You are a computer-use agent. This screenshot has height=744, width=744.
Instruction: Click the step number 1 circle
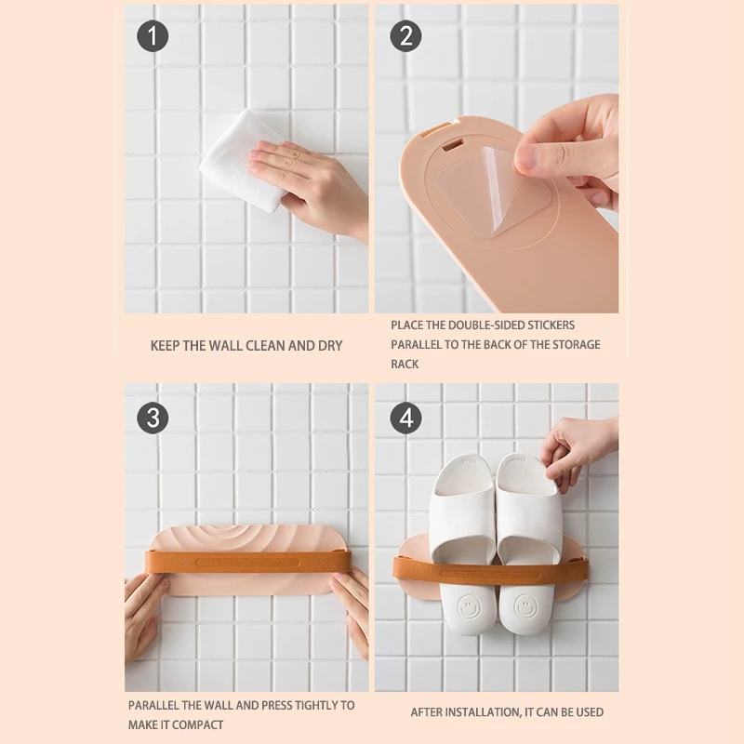(x=153, y=36)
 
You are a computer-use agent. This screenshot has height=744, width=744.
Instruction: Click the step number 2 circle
(x=405, y=36)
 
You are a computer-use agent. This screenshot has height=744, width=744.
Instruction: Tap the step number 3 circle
(x=153, y=418)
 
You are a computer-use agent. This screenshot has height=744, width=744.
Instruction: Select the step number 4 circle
(x=405, y=418)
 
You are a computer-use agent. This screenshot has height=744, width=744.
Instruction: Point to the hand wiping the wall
(x=307, y=177)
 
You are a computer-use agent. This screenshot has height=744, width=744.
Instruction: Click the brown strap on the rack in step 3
(x=246, y=562)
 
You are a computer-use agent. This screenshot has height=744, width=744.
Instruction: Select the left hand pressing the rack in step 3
(x=144, y=614)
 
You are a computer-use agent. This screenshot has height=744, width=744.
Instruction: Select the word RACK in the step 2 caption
(x=405, y=364)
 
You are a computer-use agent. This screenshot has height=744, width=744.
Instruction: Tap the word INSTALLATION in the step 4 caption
(x=480, y=712)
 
